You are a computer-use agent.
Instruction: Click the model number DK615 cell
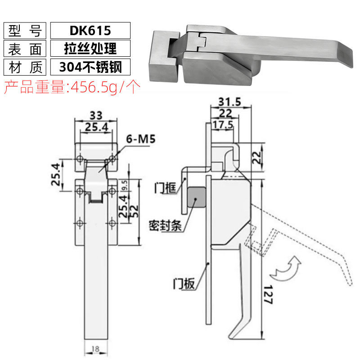click(x=90, y=30)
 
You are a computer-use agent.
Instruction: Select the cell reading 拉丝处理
click(x=90, y=48)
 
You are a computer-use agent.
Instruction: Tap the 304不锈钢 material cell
click(x=90, y=66)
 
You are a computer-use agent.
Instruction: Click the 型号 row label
click(x=25, y=30)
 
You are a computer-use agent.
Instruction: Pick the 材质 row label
click(x=25, y=66)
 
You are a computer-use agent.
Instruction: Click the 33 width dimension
click(x=96, y=114)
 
